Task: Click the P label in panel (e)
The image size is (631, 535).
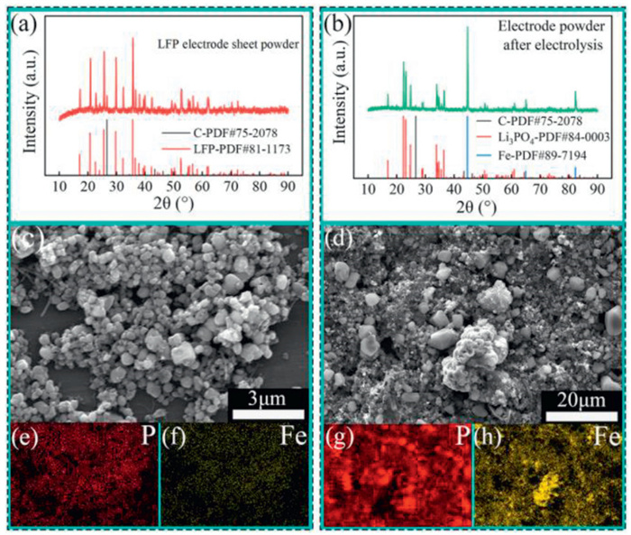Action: pyautogui.click(x=144, y=439)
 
